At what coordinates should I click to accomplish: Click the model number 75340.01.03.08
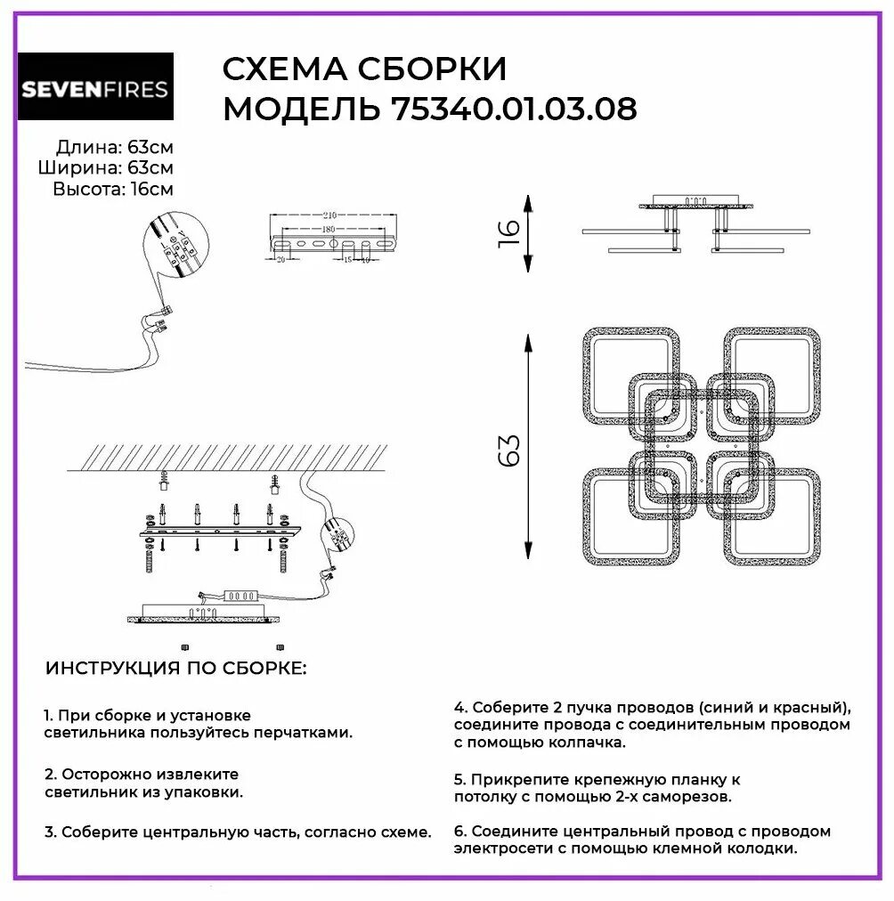point(514,110)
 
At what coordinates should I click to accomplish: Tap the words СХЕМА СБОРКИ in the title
point(363,69)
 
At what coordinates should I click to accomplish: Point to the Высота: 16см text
point(112,188)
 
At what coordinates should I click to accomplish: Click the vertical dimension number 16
point(508,233)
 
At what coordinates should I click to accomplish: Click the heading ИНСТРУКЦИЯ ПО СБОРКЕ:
point(175,668)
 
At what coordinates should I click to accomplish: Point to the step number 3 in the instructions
point(49,832)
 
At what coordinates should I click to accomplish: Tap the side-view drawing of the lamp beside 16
point(683,224)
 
